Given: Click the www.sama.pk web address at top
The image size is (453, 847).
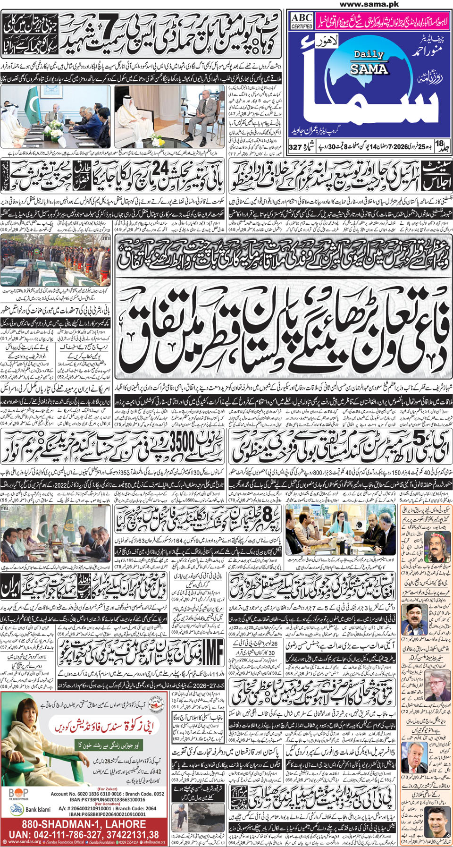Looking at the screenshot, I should click(369, 4).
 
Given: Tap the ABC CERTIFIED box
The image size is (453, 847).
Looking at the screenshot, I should click(302, 21).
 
